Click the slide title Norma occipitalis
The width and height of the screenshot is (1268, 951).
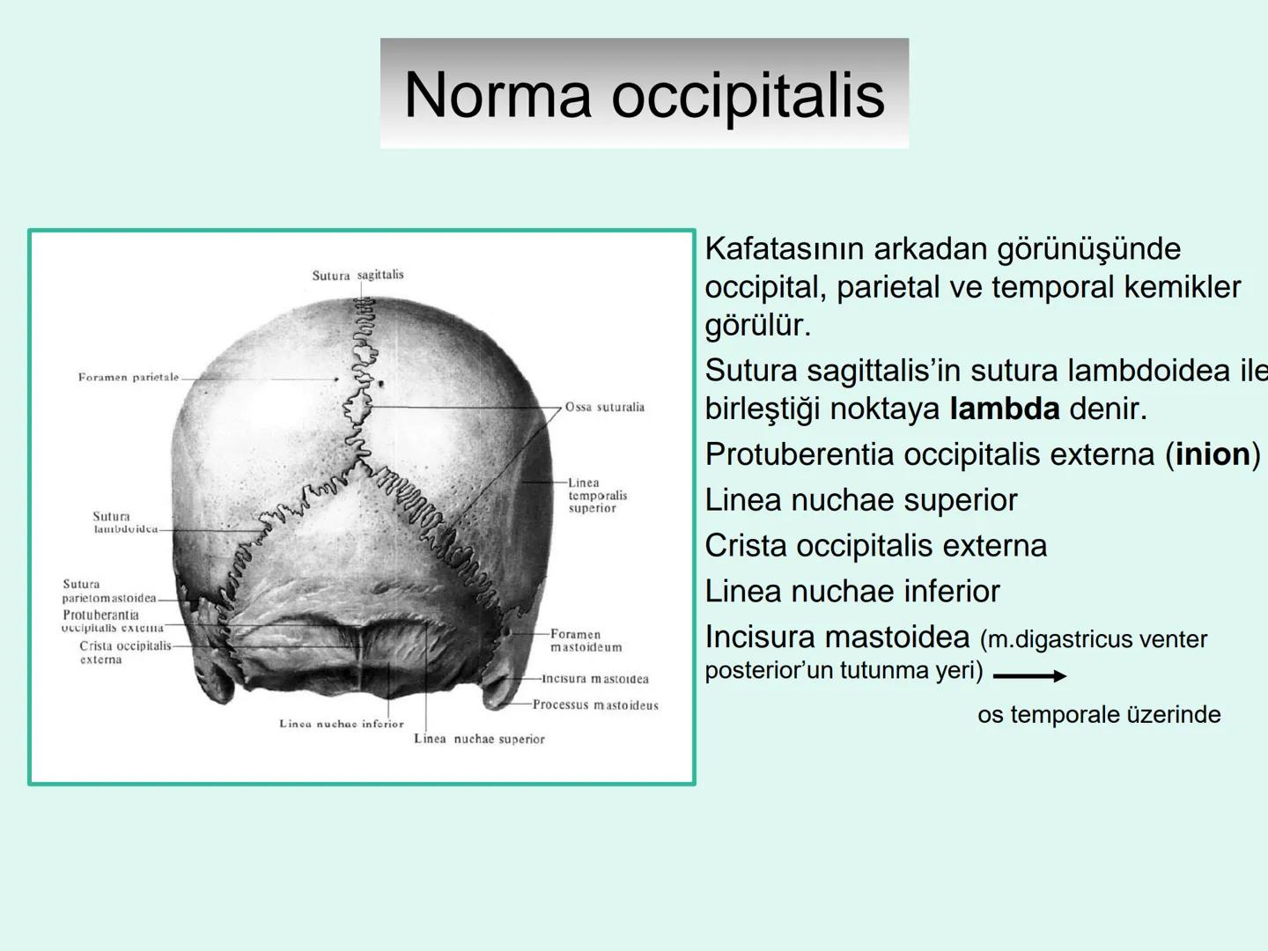pos(644,94)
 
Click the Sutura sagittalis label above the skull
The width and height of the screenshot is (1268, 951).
pos(358,275)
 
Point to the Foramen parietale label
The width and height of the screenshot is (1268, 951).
pos(128,378)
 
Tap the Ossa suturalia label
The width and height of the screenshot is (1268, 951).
pos(604,407)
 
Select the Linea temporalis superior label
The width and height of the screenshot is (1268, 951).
pos(597,495)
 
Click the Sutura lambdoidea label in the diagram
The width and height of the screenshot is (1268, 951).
pos(124,523)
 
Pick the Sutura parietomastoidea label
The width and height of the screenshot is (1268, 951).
pos(108,591)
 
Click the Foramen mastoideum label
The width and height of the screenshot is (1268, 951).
pos(586,640)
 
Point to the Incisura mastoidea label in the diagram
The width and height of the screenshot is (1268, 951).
pos(595,679)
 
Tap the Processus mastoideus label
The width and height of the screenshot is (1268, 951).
pos(595,705)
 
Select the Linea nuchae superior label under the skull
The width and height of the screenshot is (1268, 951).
pos(479,740)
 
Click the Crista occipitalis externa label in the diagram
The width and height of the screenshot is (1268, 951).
pos(125,652)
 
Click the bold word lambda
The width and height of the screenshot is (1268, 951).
pos(1005,409)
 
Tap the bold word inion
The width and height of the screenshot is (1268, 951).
pos(1213,454)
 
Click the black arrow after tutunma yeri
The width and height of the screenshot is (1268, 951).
pos(1029,676)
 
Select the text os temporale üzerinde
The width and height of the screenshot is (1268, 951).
pos(1099,714)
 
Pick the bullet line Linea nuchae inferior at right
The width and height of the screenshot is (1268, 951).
pos(852,591)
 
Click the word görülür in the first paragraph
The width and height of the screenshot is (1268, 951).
pos(757,326)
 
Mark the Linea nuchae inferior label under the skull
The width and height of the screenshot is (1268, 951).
pos(341,724)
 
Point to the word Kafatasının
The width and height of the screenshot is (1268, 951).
pos(784,249)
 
